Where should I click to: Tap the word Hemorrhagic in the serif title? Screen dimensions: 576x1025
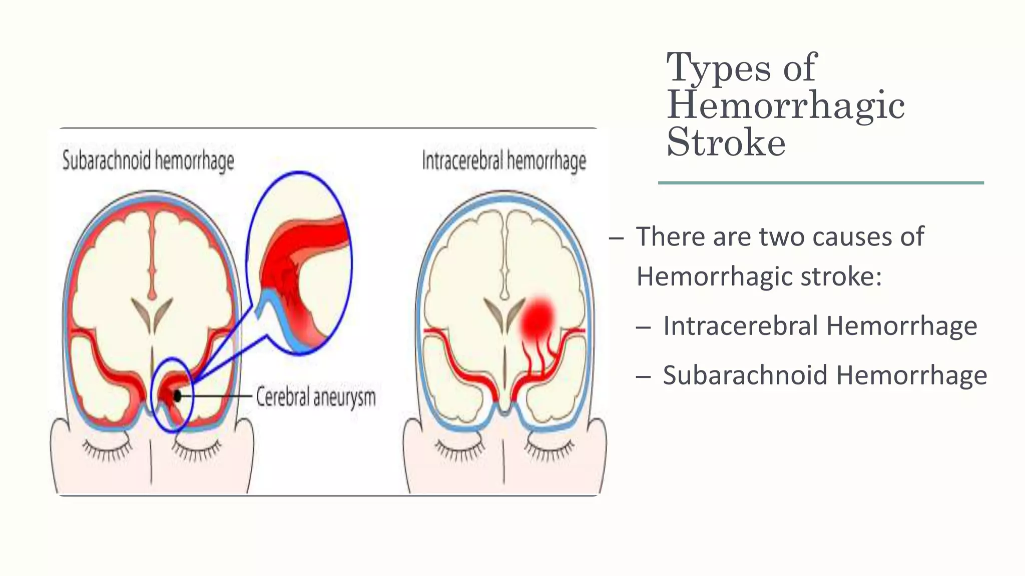786,105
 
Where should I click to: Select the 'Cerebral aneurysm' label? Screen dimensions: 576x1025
316,397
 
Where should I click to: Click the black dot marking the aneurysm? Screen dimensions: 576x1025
177,396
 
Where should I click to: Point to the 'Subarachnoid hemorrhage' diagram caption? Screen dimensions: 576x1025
148,160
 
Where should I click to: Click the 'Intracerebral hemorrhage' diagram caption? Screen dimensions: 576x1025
504,161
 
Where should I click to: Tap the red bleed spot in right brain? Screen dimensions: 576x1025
538,317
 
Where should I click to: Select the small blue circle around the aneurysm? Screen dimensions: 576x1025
172,395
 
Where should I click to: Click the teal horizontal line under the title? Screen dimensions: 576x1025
821,183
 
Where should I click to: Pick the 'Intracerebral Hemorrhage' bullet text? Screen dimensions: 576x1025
820,326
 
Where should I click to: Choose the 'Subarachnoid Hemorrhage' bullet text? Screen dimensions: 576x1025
825,375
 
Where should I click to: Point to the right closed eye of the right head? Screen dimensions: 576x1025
550,448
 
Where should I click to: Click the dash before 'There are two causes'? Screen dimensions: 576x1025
616,238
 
